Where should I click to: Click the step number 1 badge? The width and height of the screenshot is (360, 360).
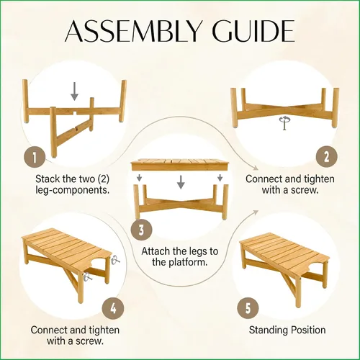(x=35, y=158)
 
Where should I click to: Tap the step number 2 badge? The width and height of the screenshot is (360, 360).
(x=326, y=157)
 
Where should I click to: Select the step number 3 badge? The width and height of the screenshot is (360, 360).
(x=141, y=230)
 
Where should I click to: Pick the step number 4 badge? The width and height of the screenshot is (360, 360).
(x=113, y=307)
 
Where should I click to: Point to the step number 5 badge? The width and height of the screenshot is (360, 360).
(x=248, y=307)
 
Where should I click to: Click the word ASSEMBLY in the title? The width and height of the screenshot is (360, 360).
(x=132, y=31)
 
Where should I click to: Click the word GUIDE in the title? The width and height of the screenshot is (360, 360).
(x=251, y=31)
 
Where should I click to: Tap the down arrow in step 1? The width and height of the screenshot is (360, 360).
(x=75, y=91)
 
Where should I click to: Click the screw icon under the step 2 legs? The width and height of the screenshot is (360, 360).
(x=284, y=122)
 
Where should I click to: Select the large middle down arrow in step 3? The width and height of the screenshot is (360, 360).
(x=181, y=182)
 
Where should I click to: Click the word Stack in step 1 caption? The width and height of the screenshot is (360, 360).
(x=48, y=179)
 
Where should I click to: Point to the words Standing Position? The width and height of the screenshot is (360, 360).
(x=287, y=330)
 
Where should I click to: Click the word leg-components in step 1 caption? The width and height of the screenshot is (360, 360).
(x=73, y=190)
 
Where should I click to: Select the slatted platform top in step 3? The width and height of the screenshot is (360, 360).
(x=180, y=165)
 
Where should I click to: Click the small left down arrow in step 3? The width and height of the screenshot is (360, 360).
(x=140, y=178)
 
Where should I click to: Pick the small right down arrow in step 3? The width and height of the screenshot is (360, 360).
(x=220, y=178)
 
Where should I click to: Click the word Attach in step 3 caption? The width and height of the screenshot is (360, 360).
(x=156, y=251)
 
